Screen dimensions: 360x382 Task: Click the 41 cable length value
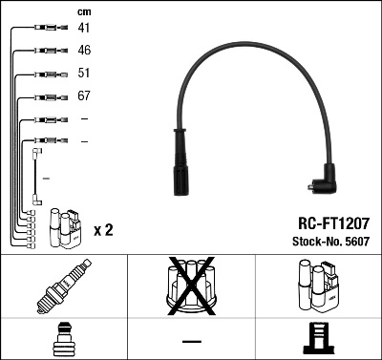[84, 29]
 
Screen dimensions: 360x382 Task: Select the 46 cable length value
[84, 51]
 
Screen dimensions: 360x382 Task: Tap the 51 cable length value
[84, 74]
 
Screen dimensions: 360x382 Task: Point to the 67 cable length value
[84, 96]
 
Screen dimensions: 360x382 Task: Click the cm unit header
[83, 11]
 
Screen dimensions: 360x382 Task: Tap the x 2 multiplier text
[103, 230]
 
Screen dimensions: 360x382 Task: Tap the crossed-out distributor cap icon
[191, 286]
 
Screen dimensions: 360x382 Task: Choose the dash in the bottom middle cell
[191, 340]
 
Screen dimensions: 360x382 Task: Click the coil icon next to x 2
[63, 226]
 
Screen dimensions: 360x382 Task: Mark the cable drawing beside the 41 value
[48, 29]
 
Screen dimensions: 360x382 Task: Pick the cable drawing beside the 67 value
[48, 96]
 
